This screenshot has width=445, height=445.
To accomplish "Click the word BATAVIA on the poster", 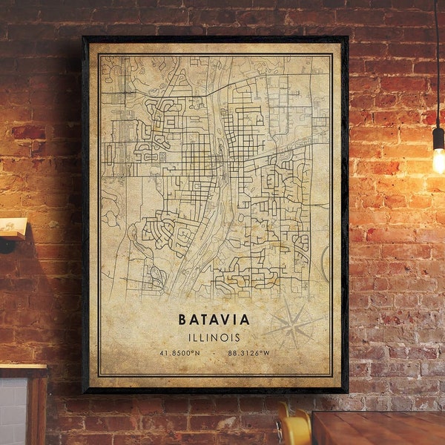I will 214,320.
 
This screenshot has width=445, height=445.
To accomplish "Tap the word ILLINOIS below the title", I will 214,337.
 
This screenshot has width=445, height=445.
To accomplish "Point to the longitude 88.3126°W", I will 248,353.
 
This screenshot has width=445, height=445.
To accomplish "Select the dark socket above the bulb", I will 438,136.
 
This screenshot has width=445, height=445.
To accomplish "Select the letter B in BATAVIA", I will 182,320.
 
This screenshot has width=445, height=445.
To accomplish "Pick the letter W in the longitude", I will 266,353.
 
